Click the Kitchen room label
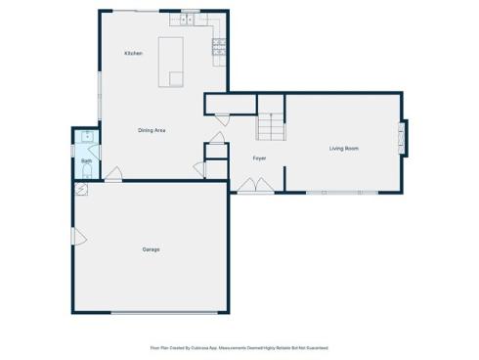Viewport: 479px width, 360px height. [x=133, y=53]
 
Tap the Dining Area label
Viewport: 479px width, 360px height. [x=151, y=130]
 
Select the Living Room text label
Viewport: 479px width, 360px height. [x=343, y=149]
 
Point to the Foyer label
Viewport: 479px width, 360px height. [x=260, y=157]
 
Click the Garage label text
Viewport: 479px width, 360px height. [x=150, y=249]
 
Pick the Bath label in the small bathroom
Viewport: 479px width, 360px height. [x=86, y=160]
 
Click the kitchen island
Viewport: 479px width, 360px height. [x=173, y=64]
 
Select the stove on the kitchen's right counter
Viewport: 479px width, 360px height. [x=220, y=46]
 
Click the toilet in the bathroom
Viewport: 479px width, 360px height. [x=86, y=172]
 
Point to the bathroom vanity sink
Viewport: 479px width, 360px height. [x=86, y=137]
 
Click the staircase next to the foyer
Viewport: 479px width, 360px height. [x=270, y=126]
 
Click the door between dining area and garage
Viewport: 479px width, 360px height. [x=113, y=175]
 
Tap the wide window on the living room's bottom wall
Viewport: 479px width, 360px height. [x=341, y=192]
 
